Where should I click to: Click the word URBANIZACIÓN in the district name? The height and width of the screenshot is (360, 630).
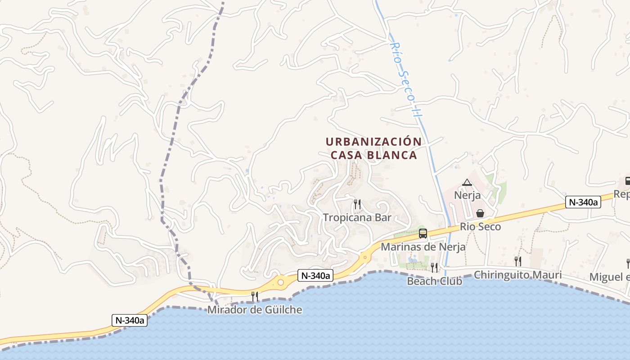373,142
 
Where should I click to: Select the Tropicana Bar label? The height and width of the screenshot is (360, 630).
357,218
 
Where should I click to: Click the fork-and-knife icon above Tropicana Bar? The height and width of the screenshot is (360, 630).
357,204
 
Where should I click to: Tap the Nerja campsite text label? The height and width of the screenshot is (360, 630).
467,196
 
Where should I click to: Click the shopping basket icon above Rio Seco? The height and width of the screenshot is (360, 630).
480,213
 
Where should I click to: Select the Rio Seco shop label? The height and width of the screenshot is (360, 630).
480,227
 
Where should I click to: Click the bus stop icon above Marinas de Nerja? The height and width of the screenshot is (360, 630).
423,233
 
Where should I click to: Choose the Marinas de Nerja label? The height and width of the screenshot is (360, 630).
423,247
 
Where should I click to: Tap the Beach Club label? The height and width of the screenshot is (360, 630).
434,281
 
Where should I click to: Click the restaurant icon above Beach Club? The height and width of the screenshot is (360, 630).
434,267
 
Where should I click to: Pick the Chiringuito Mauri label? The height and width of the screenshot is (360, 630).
517,274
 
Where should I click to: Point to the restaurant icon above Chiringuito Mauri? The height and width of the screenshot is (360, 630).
518,261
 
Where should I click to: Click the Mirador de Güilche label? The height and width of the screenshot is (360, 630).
255,310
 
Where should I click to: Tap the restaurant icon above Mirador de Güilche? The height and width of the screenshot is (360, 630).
255,296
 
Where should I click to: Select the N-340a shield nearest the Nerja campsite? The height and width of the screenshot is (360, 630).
583,202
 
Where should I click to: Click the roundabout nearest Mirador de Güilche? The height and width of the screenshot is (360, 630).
281,283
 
